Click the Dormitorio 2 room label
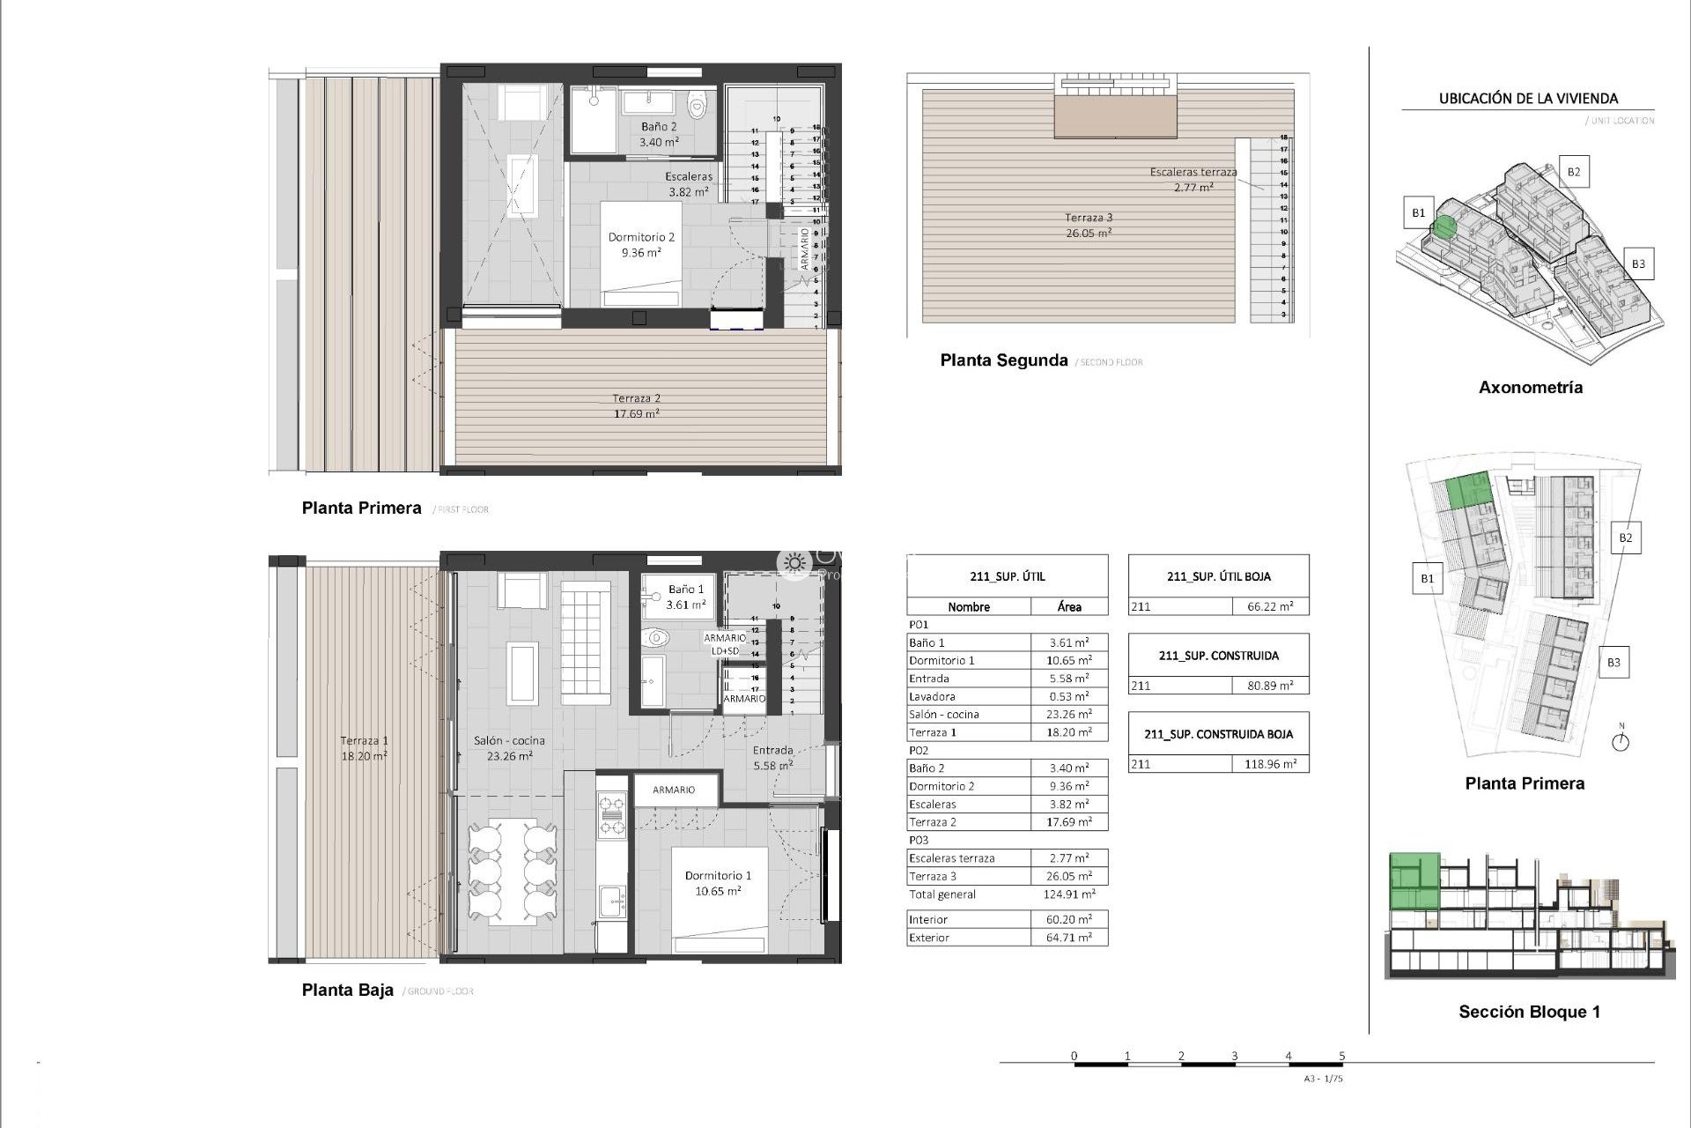tap(640, 244)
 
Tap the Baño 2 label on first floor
tap(659, 134)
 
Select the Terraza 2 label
tap(637, 405)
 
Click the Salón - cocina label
tap(508, 748)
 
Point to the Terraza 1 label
tap(364, 748)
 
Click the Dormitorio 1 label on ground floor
tap(718, 882)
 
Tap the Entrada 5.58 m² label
tap(772, 758)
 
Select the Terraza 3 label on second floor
tap(1088, 225)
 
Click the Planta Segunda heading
tap(1003, 360)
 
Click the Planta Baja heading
tap(347, 990)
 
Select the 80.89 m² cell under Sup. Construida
tap(1269, 686)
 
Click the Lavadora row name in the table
tap(931, 696)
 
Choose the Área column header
tap(1068, 606)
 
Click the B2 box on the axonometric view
tap(1574, 172)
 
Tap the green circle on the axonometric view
tap(1443, 226)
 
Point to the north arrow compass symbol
tap(1621, 741)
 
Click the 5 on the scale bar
tap(1341, 1056)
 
